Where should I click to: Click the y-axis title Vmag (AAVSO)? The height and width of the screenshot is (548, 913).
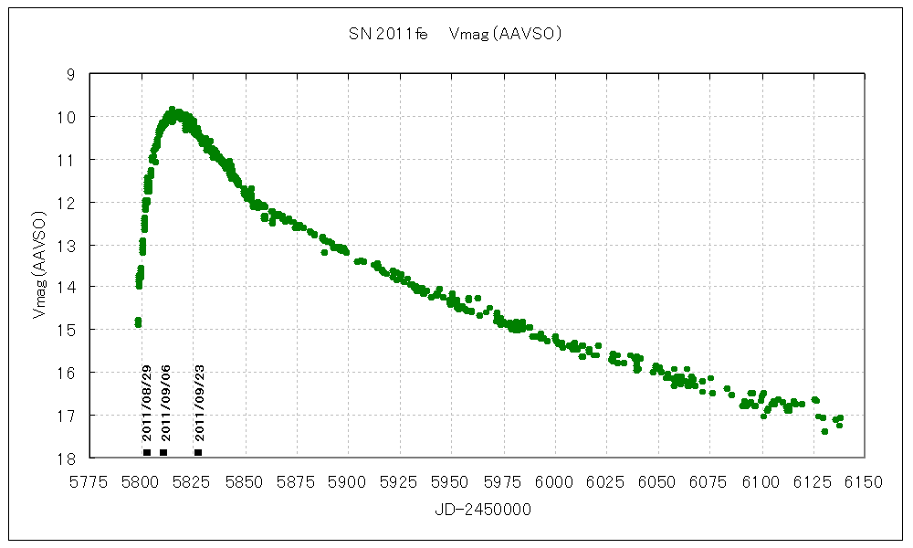[38, 265]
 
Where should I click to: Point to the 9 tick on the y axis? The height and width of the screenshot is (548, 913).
[71, 74]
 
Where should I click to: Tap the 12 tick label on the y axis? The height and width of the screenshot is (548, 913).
[69, 202]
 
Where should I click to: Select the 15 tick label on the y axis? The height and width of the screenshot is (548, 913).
[69, 330]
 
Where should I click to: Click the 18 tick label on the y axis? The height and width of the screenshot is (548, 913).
[69, 458]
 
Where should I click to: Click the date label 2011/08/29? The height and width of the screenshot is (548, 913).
[147, 402]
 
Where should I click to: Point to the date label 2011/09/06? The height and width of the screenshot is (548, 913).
[165, 402]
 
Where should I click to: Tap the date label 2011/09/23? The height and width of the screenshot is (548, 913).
[200, 402]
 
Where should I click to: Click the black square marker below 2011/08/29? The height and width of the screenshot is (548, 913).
[147, 452]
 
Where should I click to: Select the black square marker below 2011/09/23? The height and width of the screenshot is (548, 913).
[198, 452]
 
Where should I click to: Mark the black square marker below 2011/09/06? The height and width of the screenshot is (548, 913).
[163, 452]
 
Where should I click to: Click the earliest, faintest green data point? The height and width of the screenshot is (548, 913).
[138, 322]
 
